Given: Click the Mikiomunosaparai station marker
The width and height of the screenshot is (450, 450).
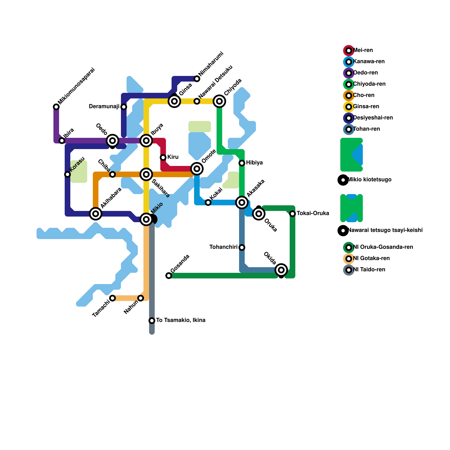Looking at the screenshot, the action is [x=56, y=107].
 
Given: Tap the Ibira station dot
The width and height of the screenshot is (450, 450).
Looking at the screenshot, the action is [x=62, y=141].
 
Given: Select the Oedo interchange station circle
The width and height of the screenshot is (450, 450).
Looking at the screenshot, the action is [x=112, y=141].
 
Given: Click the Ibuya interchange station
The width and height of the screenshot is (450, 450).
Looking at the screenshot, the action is [x=146, y=141].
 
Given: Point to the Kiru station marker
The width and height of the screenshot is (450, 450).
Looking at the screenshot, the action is [x=163, y=157].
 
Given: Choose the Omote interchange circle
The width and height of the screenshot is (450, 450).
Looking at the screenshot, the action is [x=197, y=169].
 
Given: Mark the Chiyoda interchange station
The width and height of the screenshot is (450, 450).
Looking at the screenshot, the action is [x=219, y=101].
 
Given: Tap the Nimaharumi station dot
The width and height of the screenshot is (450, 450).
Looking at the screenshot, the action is [x=197, y=79].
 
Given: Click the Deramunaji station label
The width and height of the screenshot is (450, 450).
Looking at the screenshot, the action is [x=104, y=107].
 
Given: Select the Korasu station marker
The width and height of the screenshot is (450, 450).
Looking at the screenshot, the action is [x=67, y=174].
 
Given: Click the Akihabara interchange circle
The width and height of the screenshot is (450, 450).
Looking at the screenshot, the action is [x=96, y=214].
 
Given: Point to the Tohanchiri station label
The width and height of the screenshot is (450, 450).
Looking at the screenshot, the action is [x=223, y=247].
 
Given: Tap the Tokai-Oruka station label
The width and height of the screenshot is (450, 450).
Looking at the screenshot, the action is [x=313, y=213].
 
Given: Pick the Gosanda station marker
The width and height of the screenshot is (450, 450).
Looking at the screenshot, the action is [x=169, y=276].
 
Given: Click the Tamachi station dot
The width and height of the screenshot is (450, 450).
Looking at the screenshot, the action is [x=112, y=298].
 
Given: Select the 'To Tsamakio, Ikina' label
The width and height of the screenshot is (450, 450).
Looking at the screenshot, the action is [x=181, y=320].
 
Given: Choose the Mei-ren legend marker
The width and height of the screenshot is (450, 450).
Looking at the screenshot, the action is [x=349, y=51].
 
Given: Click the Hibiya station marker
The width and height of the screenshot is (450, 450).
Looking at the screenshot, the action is [x=242, y=163].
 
